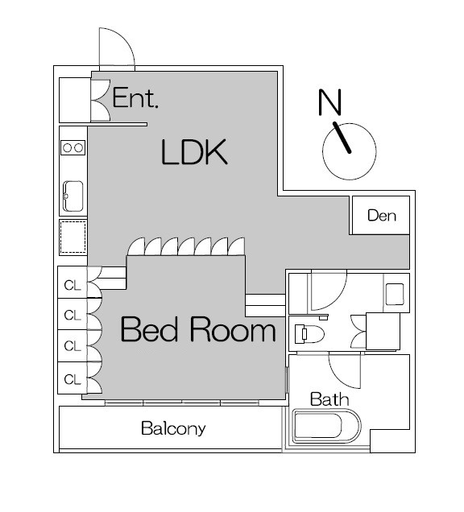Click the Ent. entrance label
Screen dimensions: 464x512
coord(135,97)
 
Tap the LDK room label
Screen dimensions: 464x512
coord(194,152)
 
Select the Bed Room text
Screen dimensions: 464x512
coord(198,329)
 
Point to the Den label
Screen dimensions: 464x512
coord(382,216)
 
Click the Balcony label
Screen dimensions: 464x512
coord(173,429)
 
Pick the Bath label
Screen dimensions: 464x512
coord(329,399)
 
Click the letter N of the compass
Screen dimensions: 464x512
coord(330,102)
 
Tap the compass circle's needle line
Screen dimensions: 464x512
coord(342,138)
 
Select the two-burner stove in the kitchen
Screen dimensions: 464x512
coord(72,148)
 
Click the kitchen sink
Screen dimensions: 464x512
coord(72,196)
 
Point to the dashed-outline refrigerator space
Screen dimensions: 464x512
coord(72,237)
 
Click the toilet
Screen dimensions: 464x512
coord(309,334)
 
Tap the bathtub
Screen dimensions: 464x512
coord(327,426)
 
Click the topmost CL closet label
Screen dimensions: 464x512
coord(72,286)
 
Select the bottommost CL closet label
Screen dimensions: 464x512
coord(72,379)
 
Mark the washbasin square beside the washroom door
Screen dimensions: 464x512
coord(395,294)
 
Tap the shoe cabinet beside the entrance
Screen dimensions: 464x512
coord(75,100)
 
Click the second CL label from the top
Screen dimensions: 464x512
coord(72,316)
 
